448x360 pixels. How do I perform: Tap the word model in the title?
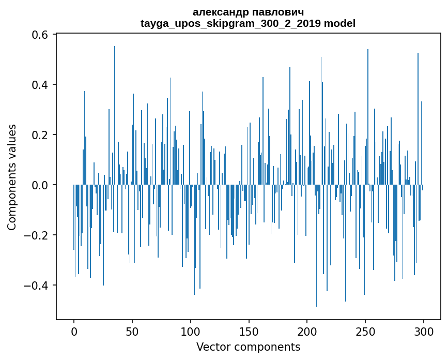coord(339,23)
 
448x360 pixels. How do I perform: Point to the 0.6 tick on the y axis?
coord(41,35)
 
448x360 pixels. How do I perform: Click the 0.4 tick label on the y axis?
coord(41,85)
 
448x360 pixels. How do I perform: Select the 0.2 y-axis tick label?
coord(41,135)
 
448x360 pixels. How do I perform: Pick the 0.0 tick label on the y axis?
coord(41,185)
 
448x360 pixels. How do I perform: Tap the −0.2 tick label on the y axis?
coord(37,235)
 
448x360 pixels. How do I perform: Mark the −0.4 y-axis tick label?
coord(37,286)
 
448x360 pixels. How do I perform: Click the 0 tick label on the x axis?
coord(74,331)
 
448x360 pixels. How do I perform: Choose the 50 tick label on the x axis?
coord(132,331)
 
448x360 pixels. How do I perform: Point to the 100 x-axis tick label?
coord(191,331)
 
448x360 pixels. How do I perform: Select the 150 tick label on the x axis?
coord(249,331)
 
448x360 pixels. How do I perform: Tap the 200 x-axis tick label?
coord(307,331)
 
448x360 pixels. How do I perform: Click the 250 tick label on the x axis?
coord(366,331)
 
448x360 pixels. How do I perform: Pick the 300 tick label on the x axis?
coord(424,331)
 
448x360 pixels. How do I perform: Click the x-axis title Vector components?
coord(248,347)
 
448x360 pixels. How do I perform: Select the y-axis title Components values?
coord(12,177)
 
